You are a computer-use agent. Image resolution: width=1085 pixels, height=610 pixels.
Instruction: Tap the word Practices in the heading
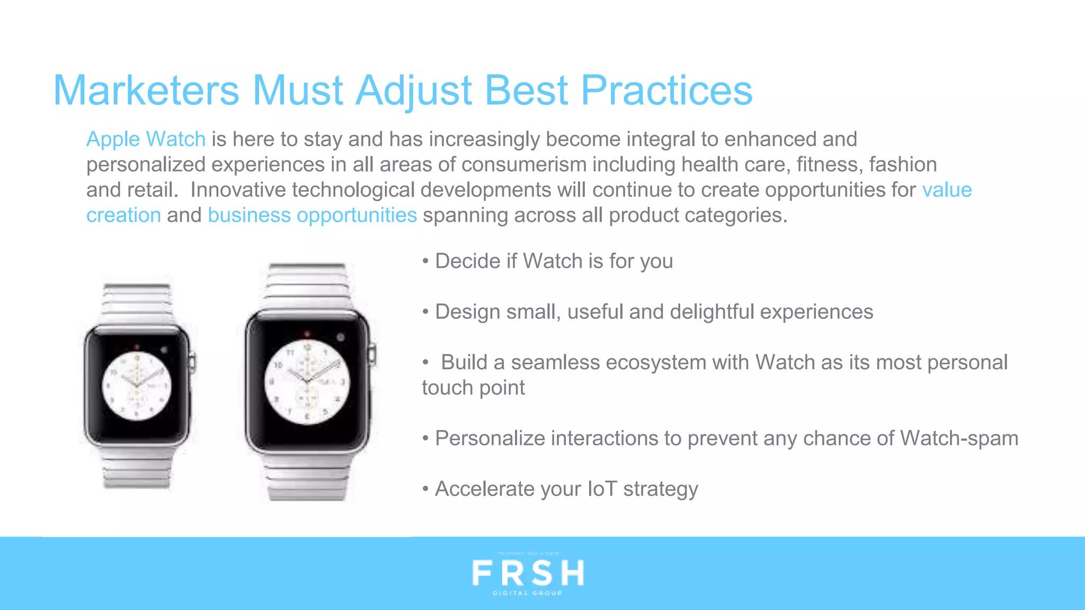666,91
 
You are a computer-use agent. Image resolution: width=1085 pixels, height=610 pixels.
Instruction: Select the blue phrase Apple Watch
146,139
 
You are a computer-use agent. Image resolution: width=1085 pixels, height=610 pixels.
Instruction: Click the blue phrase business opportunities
312,216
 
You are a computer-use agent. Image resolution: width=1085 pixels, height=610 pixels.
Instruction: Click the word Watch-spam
959,438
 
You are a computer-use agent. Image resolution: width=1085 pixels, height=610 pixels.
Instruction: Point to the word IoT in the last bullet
602,489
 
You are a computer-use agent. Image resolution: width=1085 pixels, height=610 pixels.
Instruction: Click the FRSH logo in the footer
528,573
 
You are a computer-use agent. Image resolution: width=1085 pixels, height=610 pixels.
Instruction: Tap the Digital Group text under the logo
528,594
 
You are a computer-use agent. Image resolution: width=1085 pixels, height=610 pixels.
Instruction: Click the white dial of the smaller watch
137,385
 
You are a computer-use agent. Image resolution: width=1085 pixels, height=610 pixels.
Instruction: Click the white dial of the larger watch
307,382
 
